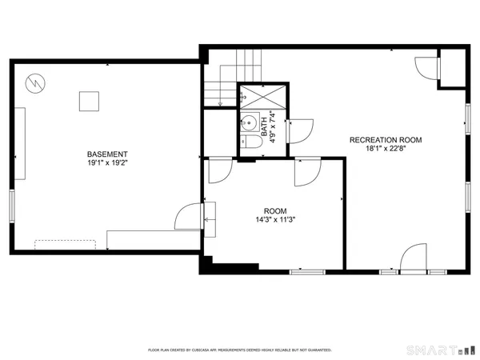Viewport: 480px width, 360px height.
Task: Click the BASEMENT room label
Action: click(107, 154)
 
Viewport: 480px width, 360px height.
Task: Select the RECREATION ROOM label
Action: click(386, 140)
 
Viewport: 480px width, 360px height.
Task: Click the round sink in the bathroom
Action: click(249, 124)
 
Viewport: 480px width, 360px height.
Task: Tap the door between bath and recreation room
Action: click(299, 130)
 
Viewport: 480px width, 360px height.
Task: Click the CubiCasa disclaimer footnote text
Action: click(240, 350)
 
